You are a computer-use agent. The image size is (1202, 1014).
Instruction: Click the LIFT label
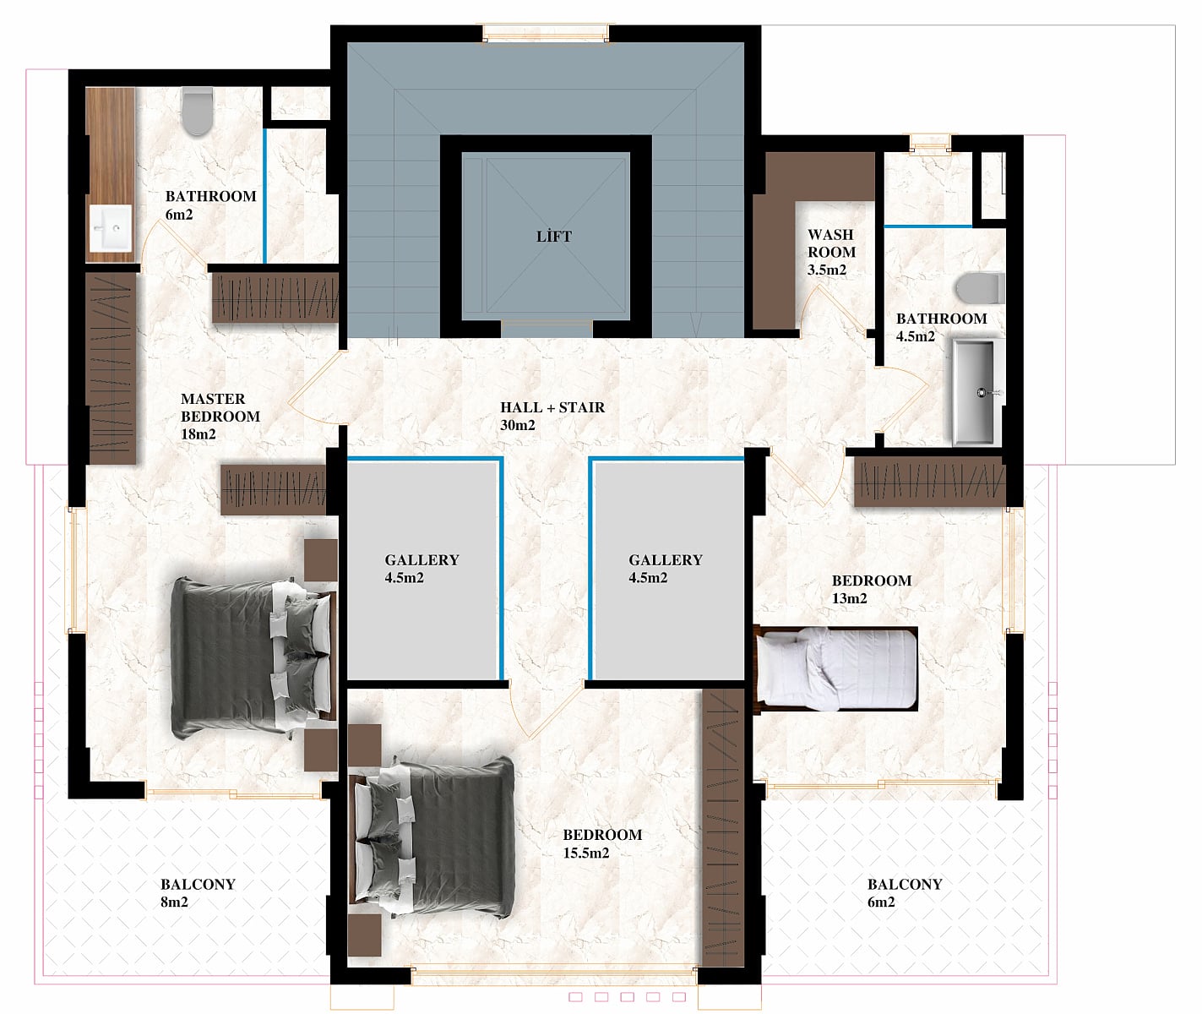554,236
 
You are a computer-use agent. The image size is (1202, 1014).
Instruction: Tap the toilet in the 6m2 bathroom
198,112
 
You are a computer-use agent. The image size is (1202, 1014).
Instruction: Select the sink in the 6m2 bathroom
111,228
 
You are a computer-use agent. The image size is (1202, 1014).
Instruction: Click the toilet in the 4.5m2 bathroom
981,289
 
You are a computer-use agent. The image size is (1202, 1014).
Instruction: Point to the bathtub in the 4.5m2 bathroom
976,392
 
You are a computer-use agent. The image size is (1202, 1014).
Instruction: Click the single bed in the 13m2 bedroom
836,668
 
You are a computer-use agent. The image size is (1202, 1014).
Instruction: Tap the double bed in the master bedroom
253,658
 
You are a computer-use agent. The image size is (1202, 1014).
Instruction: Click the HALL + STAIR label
552,407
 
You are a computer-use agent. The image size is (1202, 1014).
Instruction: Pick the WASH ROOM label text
831,243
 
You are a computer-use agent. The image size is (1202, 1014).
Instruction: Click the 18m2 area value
198,434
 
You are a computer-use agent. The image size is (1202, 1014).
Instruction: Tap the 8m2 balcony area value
174,902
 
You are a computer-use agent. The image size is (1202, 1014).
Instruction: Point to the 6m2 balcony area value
881,902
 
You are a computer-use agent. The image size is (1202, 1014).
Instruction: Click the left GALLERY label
422,559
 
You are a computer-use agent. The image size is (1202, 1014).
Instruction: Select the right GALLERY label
666,559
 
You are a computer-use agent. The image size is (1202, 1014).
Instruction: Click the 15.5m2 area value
586,853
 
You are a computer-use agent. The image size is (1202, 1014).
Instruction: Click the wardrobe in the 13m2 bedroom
930,482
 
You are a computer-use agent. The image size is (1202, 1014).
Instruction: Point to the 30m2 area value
518,425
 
